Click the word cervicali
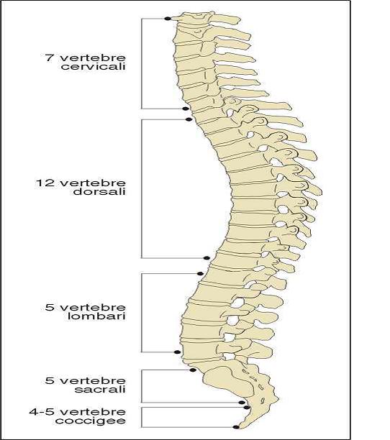[x=94, y=67]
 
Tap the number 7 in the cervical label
[x=49, y=58]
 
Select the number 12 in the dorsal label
[x=45, y=183]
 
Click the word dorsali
[x=99, y=192]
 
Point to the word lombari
[x=96, y=316]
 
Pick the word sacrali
[x=100, y=390]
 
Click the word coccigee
[x=91, y=421]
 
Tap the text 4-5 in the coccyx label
[x=42, y=412]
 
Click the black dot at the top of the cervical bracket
[x=168, y=19]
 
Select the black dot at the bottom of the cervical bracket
[x=185, y=109]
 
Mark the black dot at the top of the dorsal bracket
[x=189, y=119]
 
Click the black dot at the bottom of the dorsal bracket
[x=207, y=258]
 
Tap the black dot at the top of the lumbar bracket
[x=200, y=274]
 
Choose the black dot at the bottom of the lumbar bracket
[x=177, y=352]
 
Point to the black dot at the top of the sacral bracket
[x=193, y=370]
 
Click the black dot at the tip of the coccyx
[x=236, y=427]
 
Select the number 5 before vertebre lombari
[x=49, y=308]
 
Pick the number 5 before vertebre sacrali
[x=49, y=381]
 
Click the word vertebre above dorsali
[x=93, y=183]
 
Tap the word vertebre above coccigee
[x=93, y=412]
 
